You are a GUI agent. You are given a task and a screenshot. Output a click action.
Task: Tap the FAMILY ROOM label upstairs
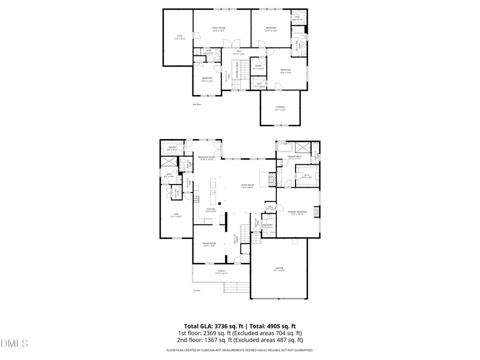pyautogui.click(x=219, y=28)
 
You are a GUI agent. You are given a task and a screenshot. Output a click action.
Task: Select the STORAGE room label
pyautogui.click(x=280, y=107)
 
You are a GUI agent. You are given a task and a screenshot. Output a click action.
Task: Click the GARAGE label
pyautogui.click(x=279, y=268)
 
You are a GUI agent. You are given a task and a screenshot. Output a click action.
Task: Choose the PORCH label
pyautogui.click(x=221, y=271)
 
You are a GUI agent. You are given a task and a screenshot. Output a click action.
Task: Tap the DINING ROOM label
pyautogui.click(x=209, y=243)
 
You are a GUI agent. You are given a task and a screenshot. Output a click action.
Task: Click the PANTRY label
pyautogui.click(x=172, y=147)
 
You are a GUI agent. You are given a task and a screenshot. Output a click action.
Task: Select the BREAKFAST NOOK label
pyautogui.click(x=206, y=157)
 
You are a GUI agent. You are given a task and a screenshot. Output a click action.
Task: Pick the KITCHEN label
pyautogui.click(x=211, y=209)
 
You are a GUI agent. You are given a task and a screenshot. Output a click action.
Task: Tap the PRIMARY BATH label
pyautogui.click(x=295, y=156)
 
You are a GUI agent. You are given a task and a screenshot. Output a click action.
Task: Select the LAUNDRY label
pyautogui.click(x=268, y=225)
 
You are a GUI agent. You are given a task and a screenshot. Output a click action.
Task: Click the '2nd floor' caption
pyautogui.click(x=197, y=105)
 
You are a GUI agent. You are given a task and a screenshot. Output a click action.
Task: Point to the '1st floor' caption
pyautogui.click(x=196, y=291)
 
